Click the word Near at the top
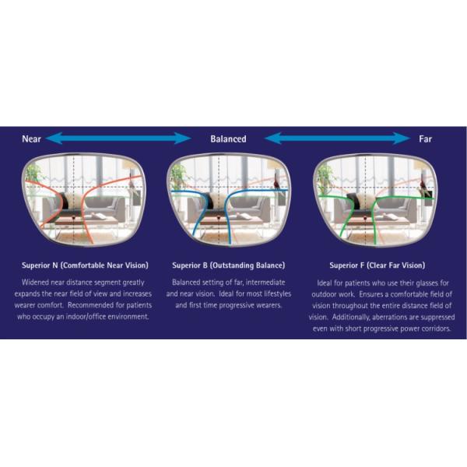pyautogui.click(x=31, y=139)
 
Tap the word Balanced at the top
pyautogui.click(x=228, y=139)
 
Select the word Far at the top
pyautogui.click(x=426, y=139)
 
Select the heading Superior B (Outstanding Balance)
pyautogui.click(x=228, y=265)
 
